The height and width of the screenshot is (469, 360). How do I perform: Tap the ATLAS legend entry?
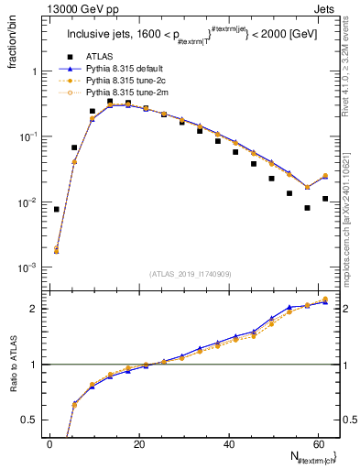[101, 55]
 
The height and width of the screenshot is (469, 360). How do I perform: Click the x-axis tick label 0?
[49, 443]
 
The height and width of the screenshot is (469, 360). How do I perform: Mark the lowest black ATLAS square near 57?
[307, 208]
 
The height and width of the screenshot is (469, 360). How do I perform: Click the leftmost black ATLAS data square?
[57, 209]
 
